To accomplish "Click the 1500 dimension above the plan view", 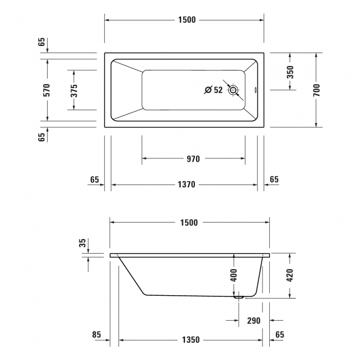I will (x=187, y=20).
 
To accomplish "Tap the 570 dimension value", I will (x=47, y=90).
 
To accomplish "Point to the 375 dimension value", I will (x=74, y=90).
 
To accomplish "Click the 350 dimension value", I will (x=290, y=72).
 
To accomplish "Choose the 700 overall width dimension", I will (x=316, y=90).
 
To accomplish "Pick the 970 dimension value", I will (x=193, y=159).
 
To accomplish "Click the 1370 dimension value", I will (x=186, y=185).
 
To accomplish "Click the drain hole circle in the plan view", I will (x=234, y=90).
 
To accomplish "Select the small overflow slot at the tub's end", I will (x=255, y=90).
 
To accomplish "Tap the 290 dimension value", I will (x=253, y=321).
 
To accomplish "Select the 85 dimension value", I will (x=96, y=335).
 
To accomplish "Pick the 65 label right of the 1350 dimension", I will (x=279, y=335).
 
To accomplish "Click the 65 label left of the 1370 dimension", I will (x=94, y=179).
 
